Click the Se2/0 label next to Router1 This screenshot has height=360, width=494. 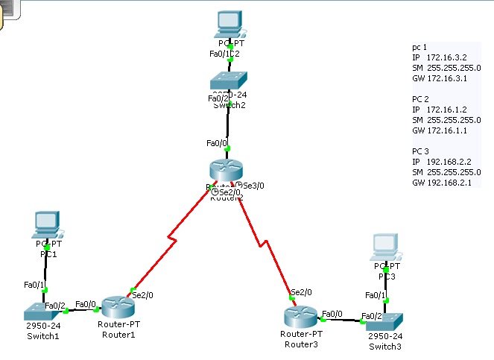(142, 296)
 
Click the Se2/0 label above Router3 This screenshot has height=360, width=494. (301, 292)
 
